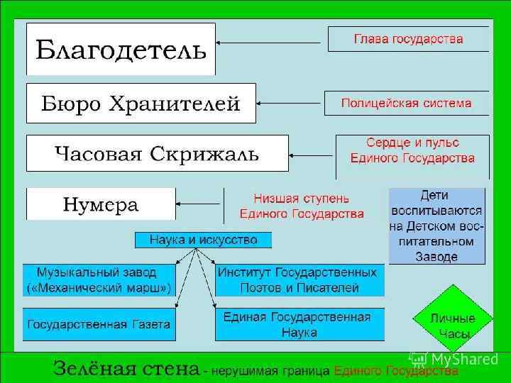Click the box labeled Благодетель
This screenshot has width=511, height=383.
pos(121,49)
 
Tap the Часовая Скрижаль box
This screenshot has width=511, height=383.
pos(157,153)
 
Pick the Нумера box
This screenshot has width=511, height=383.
pos(101,204)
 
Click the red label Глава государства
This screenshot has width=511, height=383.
pos(408,39)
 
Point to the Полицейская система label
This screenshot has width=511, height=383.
pos(406,104)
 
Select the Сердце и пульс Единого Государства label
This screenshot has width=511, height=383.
pos(412,151)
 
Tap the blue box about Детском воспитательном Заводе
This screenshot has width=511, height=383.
pos(436,225)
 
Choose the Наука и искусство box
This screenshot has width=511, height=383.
pos(203,240)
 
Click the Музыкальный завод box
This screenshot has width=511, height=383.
pos(99,279)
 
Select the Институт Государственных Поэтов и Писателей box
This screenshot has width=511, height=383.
pos(298,279)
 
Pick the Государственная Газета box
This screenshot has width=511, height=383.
pos(99,324)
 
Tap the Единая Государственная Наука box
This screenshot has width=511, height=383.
pos(298,324)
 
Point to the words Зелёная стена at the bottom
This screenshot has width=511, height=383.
pos(126,369)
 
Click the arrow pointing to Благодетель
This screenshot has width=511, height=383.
pos(270,43)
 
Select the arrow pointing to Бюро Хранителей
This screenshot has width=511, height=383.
pos(284,104)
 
